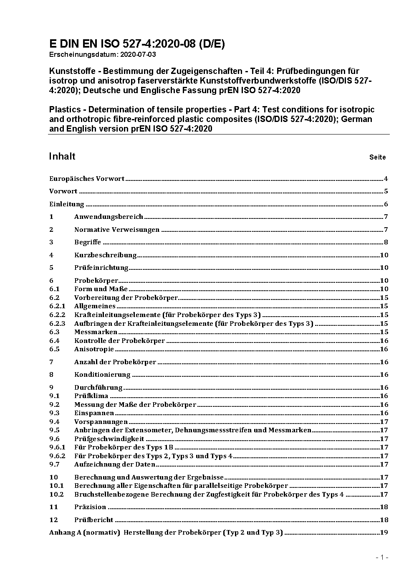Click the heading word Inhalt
62,156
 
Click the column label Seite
377,157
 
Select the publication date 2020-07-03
139,54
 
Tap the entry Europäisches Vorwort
87,179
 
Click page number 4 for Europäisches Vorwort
386,179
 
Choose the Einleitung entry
67,204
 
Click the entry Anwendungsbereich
109,217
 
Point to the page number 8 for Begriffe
386,242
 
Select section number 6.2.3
57,324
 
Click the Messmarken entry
96,332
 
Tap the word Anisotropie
94,349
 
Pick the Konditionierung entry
102,375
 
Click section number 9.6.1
57,447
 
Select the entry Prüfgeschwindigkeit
109,439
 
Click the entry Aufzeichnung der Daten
115,464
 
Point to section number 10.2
56,495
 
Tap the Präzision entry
90,507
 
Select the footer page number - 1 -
382,558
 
